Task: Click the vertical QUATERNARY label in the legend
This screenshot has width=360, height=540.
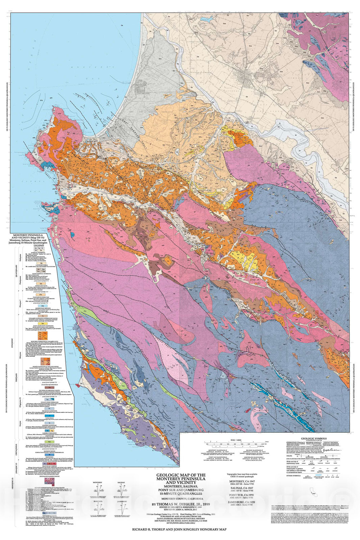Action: [14, 270]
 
